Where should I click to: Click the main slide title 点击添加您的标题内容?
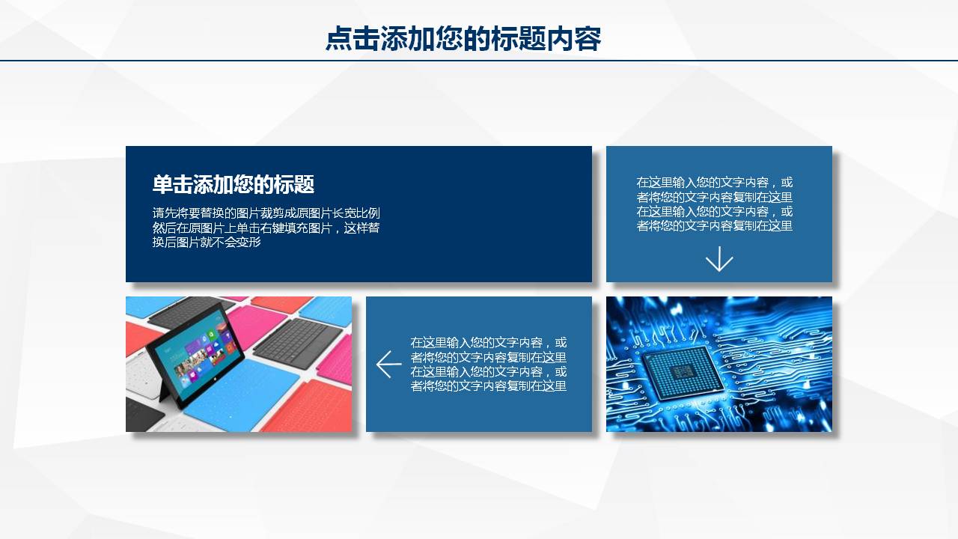tap(463, 38)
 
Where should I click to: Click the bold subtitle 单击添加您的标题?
tap(234, 184)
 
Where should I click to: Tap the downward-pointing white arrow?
tap(719, 259)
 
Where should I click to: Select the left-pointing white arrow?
tap(388, 365)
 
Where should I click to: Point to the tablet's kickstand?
tap(164, 389)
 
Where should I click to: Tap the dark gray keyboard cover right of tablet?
tap(298, 342)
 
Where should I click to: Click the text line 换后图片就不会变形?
tap(207, 242)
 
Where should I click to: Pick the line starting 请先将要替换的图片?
tap(266, 213)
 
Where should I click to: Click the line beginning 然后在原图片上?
tap(266, 228)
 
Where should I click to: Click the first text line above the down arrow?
tap(714, 183)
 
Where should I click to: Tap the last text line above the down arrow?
tap(714, 226)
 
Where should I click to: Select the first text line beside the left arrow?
tap(489, 343)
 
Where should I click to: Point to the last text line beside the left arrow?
tap(489, 386)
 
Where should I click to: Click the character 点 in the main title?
tap(339, 38)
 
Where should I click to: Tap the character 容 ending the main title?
tap(588, 38)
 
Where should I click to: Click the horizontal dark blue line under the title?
tap(479, 61)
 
